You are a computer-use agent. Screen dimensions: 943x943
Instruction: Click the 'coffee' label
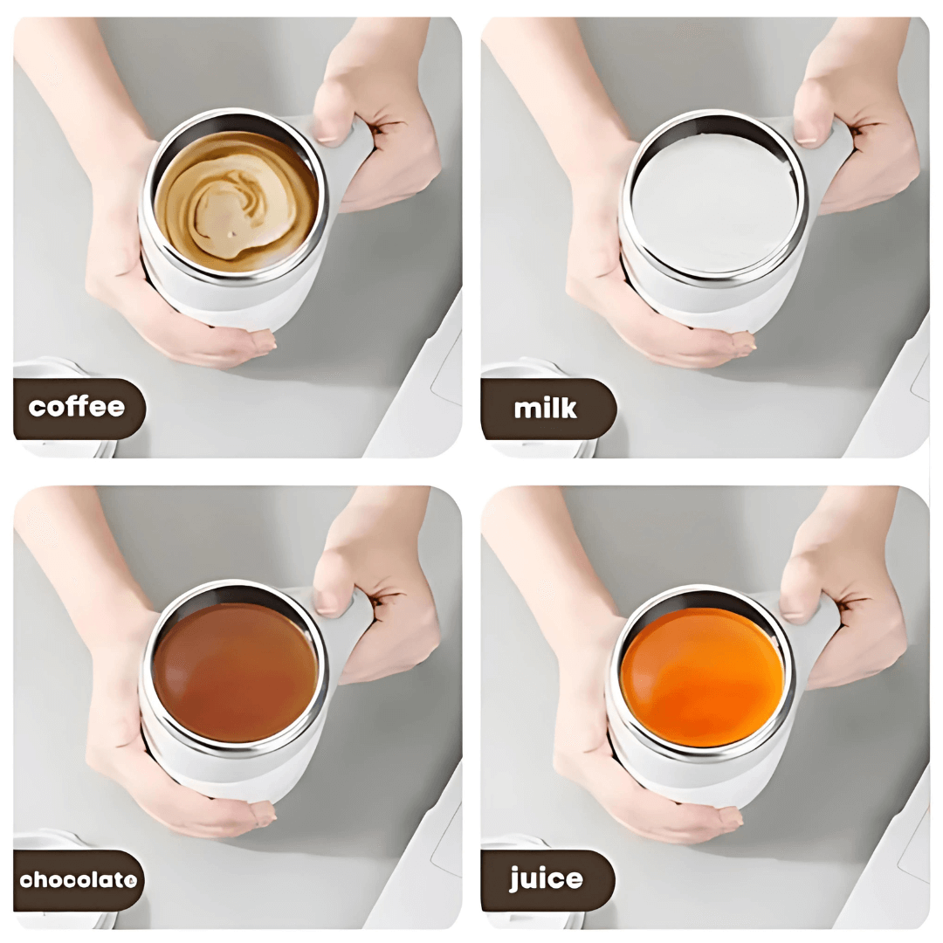point(77,408)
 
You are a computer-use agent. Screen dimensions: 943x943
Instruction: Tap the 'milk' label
point(546,408)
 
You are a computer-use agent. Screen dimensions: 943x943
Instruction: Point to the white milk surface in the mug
point(714,203)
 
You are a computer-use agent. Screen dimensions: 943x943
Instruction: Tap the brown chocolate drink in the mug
point(234,672)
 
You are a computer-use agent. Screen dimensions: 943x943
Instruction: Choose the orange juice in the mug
point(703,677)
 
